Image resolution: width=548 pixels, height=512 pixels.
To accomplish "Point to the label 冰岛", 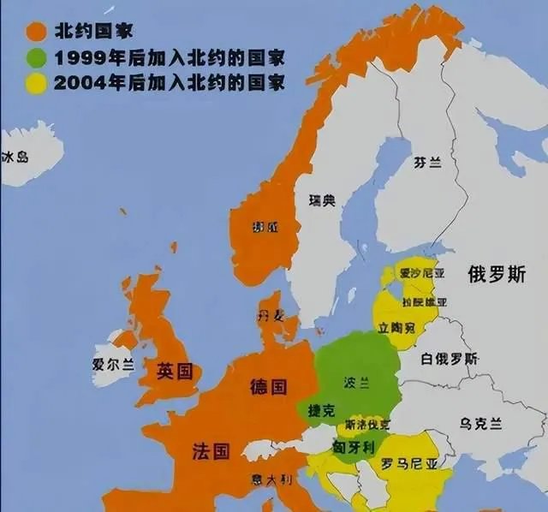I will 15,158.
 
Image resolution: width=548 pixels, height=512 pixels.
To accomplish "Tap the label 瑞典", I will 322,201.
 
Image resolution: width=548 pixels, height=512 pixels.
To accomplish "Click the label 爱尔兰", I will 113,364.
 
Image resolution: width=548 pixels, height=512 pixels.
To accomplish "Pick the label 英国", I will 175,372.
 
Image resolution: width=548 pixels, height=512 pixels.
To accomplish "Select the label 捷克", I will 322,412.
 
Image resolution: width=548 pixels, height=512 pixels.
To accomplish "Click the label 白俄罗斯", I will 450,359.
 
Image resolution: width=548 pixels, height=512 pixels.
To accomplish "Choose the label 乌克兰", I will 480,422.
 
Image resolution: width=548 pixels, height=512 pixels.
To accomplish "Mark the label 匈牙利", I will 352,447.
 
